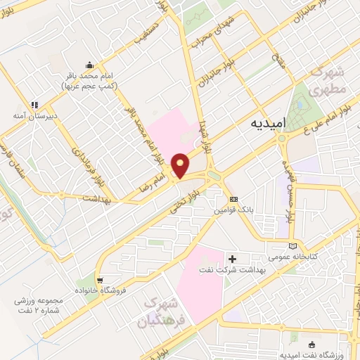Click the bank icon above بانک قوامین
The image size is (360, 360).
tap(234, 199)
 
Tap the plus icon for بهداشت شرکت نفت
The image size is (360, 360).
tap(233, 259)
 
